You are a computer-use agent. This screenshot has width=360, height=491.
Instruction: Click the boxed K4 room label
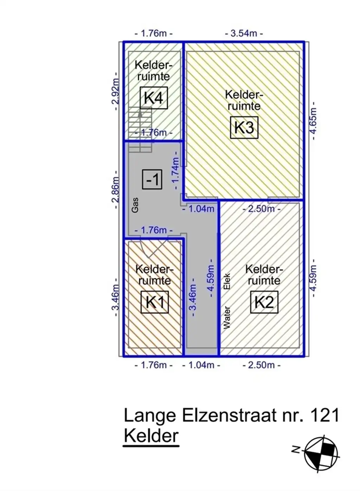coord(154,98)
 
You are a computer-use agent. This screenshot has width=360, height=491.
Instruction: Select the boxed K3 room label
coord(244,127)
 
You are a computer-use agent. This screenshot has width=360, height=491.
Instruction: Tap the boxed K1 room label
coord(155,302)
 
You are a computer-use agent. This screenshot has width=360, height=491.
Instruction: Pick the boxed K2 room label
coord(264,302)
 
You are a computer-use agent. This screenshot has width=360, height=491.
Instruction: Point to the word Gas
coord(135,205)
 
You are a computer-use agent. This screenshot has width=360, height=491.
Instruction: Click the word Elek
coord(227,281)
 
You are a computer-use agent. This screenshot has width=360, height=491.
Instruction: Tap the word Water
coord(227,317)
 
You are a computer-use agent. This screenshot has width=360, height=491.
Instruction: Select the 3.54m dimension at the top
coord(244,33)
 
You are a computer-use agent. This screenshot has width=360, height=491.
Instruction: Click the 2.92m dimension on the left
coord(116,91)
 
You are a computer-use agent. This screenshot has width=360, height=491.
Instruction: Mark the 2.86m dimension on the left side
coord(116,190)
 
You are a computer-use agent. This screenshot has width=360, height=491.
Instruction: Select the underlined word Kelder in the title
coord(151,436)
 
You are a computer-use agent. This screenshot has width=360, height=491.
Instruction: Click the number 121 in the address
coord(325,415)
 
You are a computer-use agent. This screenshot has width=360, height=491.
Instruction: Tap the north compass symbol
coord(321,452)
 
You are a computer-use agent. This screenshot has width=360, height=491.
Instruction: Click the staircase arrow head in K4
coord(140,113)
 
